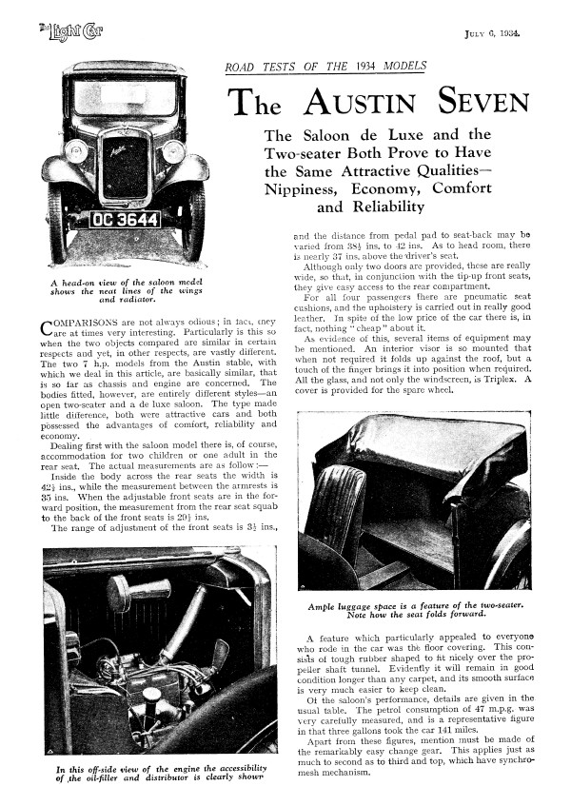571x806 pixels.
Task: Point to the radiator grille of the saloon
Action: [x=126, y=166]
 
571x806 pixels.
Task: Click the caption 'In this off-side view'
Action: [x=161, y=773]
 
